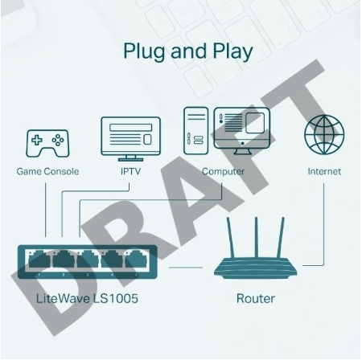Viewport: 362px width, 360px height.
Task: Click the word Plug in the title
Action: [142, 51]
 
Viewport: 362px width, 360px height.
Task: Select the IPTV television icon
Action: [130, 138]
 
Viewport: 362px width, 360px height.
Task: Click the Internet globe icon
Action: [323, 134]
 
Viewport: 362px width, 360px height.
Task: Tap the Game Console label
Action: [47, 171]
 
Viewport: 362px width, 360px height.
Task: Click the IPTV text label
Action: [130, 171]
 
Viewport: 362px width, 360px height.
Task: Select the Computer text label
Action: [223, 171]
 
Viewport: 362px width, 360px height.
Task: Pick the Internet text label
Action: [323, 171]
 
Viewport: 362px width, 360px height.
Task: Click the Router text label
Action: [256, 299]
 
